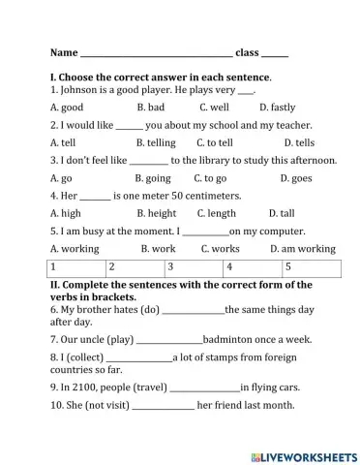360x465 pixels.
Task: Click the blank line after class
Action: (275, 54)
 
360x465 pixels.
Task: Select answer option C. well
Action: (214, 108)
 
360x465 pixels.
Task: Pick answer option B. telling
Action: (157, 142)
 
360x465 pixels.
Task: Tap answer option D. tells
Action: (291, 142)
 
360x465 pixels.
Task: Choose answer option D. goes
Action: (295, 178)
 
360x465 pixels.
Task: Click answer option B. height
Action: (157, 213)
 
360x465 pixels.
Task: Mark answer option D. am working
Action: (303, 249)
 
